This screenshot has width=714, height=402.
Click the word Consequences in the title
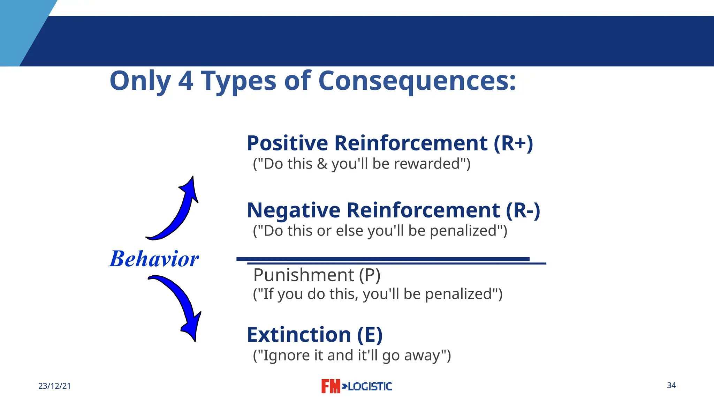(x=417, y=81)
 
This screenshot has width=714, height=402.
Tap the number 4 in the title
(x=185, y=81)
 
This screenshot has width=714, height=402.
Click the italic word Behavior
(x=154, y=259)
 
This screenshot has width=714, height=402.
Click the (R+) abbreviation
(x=513, y=143)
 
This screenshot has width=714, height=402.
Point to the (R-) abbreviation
(x=523, y=210)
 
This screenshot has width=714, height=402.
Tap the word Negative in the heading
(x=293, y=210)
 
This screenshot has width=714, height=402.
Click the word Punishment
(x=303, y=275)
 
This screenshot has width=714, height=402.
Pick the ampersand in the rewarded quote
(x=322, y=164)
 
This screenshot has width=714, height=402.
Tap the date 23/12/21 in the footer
(x=54, y=386)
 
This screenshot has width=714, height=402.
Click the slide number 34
(x=671, y=385)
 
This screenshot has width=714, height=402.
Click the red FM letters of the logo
(x=330, y=386)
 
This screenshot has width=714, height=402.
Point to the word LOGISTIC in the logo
(x=370, y=386)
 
